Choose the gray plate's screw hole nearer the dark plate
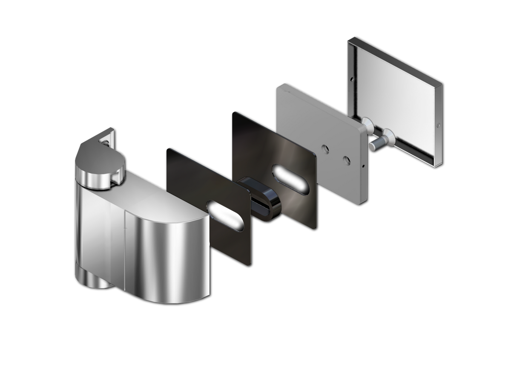point(326,148)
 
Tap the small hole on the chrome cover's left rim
point(352,79)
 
